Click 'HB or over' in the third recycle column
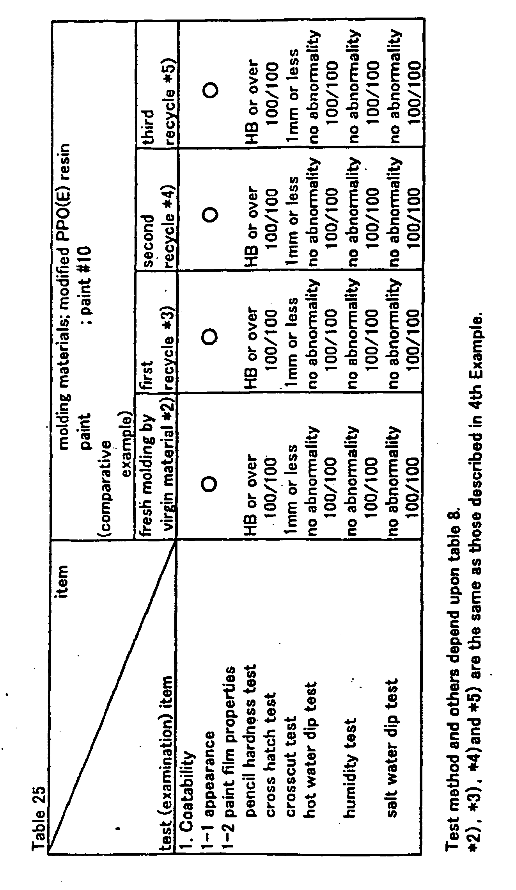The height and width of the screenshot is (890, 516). (251, 101)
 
